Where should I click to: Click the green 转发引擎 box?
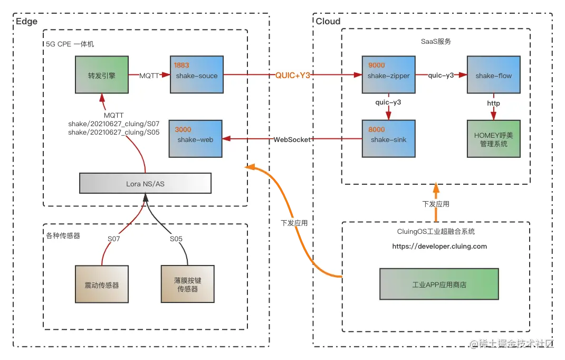pos(101,75)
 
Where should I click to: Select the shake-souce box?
pos(196,75)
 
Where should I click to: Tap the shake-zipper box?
pos(388,75)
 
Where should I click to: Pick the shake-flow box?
pos(493,75)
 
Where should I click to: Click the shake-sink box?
pos(388,139)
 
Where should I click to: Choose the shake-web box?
pos(195,139)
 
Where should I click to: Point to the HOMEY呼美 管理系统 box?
pos(493,139)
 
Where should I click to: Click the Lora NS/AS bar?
pos(145,183)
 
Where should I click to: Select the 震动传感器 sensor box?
pos(101,285)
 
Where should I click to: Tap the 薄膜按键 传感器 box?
pos(187,285)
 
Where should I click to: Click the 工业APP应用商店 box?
pos(439,285)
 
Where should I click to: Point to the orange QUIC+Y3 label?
pos(293,75)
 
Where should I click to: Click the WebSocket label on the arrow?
pos(292,139)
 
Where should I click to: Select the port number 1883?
pos(182,65)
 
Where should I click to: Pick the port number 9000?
pos(376,65)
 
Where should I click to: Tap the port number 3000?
pos(182,129)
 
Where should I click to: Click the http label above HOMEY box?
pos(493,103)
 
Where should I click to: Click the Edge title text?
pos(26,21)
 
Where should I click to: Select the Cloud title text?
pos(328,21)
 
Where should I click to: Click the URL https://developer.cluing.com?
pos(439,246)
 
